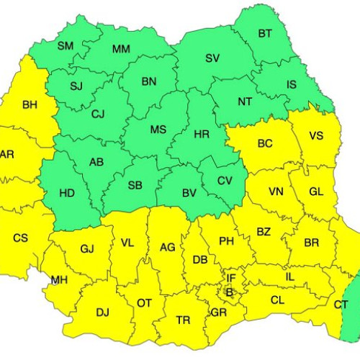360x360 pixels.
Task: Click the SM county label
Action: pos(66,46)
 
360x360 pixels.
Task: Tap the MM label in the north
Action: pos(121,50)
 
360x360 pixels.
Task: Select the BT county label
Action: pos(265,34)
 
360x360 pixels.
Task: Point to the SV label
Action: pos(212,58)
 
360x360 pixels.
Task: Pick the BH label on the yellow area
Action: pos(30,105)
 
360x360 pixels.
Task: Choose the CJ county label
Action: pos(98,114)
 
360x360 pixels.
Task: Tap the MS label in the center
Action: pos(158,130)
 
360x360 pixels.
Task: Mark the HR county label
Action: pos(202,133)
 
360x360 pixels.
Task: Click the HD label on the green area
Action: pos(66,193)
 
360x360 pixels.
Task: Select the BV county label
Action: pos(189,193)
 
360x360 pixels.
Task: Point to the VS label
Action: pos(315,136)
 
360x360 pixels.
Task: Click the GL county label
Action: pos(315,192)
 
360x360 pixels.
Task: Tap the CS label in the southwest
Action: pos(22,238)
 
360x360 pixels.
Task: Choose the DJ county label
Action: pos(102,312)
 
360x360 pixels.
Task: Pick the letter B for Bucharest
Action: pos(230,292)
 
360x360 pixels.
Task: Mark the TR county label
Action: pos(184,320)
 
